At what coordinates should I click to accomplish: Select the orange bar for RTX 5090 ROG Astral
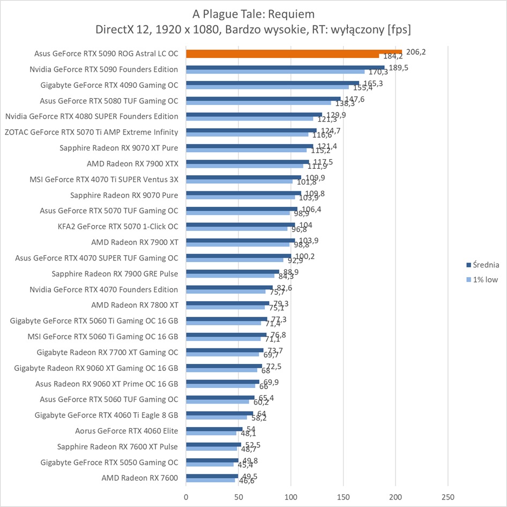point(294,52)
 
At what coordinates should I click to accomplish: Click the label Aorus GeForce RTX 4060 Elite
point(126,430)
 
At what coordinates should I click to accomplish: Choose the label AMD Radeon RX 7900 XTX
point(132,163)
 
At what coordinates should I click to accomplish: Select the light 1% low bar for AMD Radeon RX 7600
point(210,480)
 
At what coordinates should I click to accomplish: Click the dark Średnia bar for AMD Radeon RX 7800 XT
point(227,303)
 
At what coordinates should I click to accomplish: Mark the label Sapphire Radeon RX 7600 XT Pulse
point(117,446)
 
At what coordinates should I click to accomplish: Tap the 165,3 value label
point(370,83)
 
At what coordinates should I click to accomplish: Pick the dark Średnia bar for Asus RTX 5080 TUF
point(263,99)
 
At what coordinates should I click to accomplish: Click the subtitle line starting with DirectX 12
point(253,28)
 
